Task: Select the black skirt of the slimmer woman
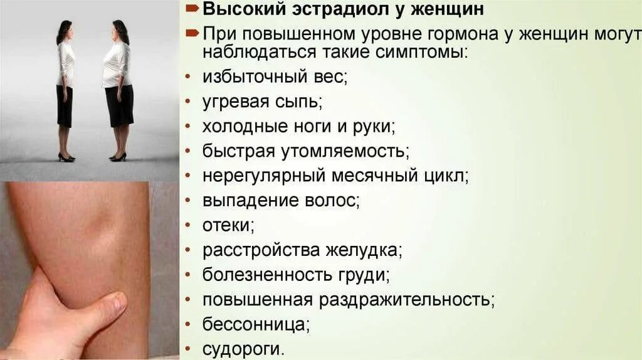point(65,105)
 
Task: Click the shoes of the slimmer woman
point(66,157)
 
